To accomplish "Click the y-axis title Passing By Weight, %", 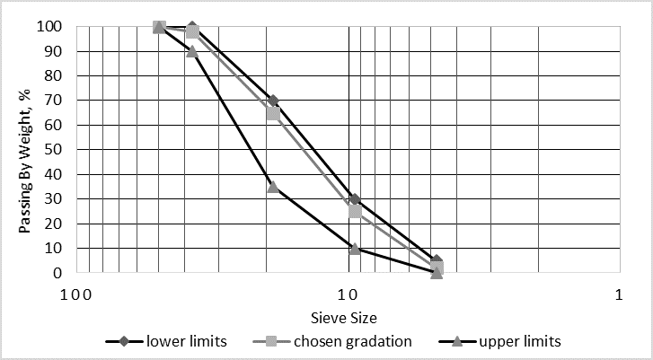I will pyautogui.click(x=26, y=149).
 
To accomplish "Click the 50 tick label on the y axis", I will pyautogui.click(x=57, y=150).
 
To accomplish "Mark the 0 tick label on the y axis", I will pyautogui.click(x=60, y=273).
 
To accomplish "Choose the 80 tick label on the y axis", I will pyautogui.click(x=57, y=76).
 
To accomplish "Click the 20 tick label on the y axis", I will pyautogui.click(x=57, y=224).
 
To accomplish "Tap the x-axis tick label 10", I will pyautogui.click(x=349, y=294).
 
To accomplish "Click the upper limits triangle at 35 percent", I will pyautogui.click(x=273, y=187).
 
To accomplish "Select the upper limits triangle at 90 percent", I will pyautogui.click(x=192, y=51).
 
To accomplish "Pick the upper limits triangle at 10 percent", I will pyautogui.click(x=355, y=248).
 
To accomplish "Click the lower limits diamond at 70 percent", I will pyautogui.click(x=273, y=101).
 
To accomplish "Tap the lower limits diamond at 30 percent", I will pyautogui.click(x=355, y=199).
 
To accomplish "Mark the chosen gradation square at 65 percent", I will pyautogui.click(x=273, y=113).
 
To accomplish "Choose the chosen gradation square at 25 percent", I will pyautogui.click(x=355, y=211).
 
